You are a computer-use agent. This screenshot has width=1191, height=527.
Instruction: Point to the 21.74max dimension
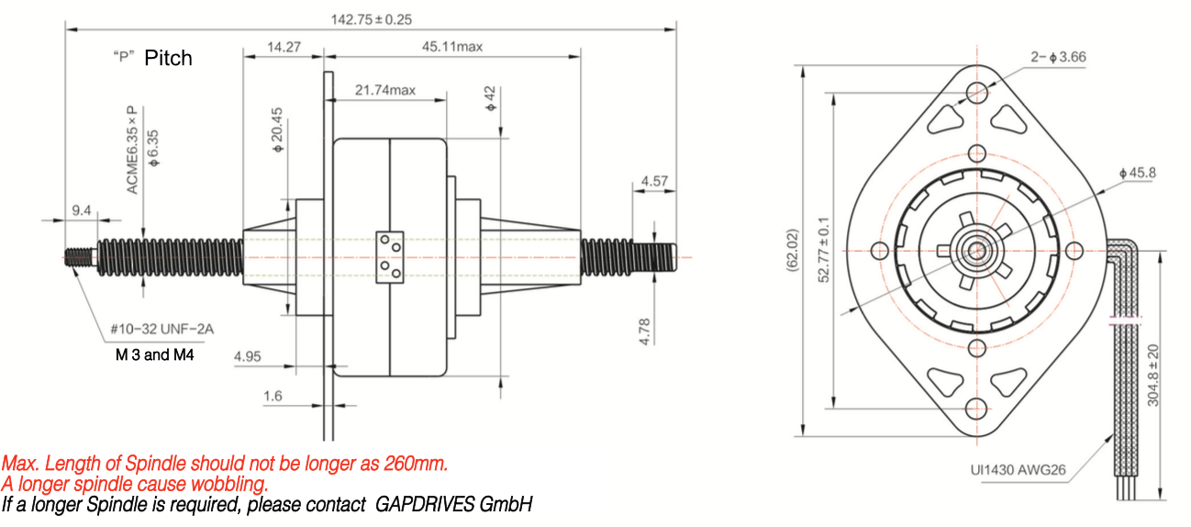click(x=385, y=90)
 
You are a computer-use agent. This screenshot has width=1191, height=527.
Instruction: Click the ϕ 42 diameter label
click(x=490, y=98)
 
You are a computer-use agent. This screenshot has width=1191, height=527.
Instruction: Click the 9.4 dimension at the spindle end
click(x=82, y=211)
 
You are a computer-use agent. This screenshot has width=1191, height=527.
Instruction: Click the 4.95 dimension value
click(x=249, y=356)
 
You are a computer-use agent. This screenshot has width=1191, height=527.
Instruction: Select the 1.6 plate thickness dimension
click(x=273, y=396)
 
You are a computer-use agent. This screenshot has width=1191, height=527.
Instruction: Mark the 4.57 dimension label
click(x=654, y=181)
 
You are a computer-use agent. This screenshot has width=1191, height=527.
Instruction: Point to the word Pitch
click(x=168, y=58)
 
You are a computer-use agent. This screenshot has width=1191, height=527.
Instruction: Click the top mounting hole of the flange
click(x=978, y=92)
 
